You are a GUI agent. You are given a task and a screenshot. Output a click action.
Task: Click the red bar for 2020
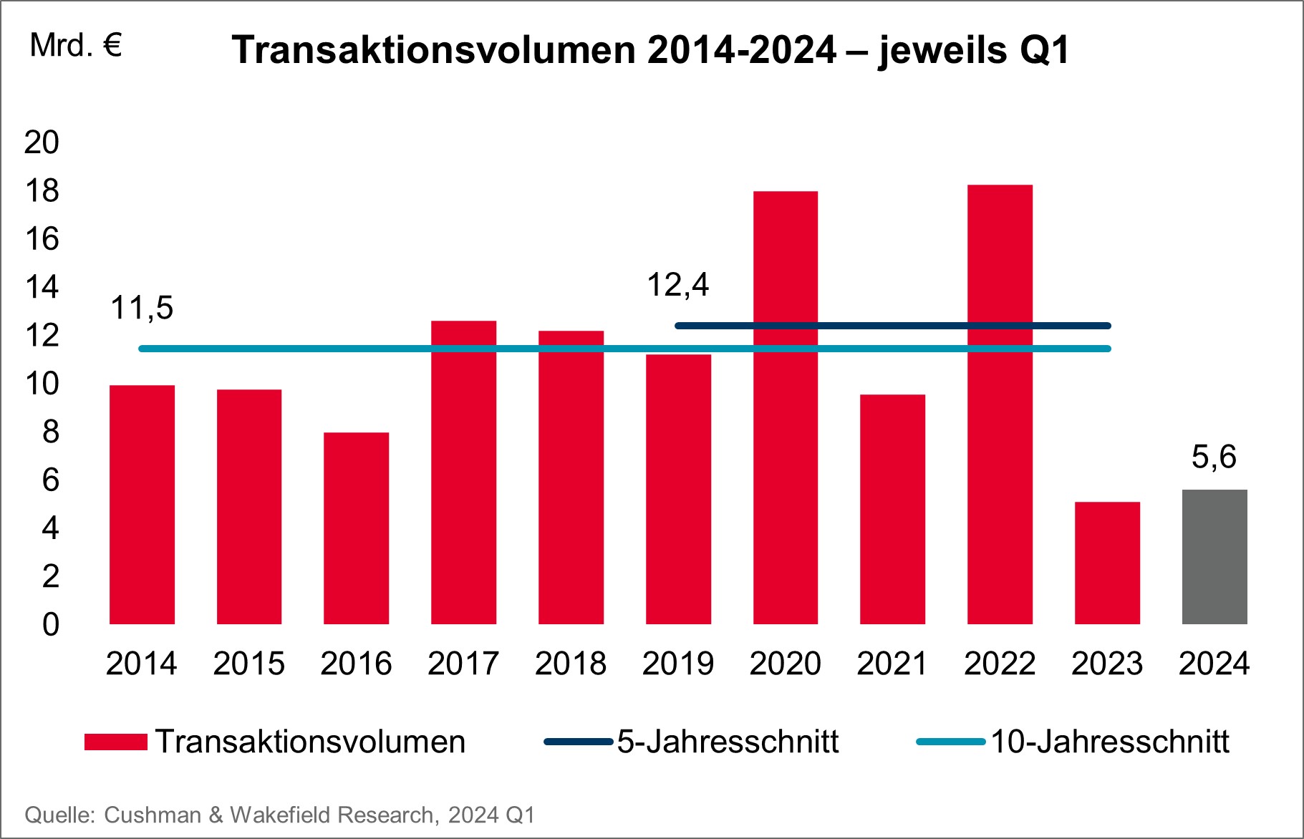pos(785,408)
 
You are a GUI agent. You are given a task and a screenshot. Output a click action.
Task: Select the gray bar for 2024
pos(1214,557)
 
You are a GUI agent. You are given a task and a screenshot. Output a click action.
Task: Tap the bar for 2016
pos(356,528)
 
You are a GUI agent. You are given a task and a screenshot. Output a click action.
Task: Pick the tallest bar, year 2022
pos(1000,404)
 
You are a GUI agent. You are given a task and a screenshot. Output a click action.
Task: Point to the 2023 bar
pos(1107,563)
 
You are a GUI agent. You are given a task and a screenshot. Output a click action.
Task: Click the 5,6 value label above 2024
pos(1214,457)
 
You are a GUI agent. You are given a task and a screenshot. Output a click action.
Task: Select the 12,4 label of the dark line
pos(677,285)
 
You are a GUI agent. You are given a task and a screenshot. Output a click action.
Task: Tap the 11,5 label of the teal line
pos(142,309)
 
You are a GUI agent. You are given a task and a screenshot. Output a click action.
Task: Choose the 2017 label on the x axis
pos(463,664)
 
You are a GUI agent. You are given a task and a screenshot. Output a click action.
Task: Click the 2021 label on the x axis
pos(892,664)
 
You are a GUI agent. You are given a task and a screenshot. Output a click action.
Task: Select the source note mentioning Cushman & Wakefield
pos(280,815)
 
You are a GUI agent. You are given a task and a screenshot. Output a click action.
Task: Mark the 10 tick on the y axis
pos(42,384)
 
